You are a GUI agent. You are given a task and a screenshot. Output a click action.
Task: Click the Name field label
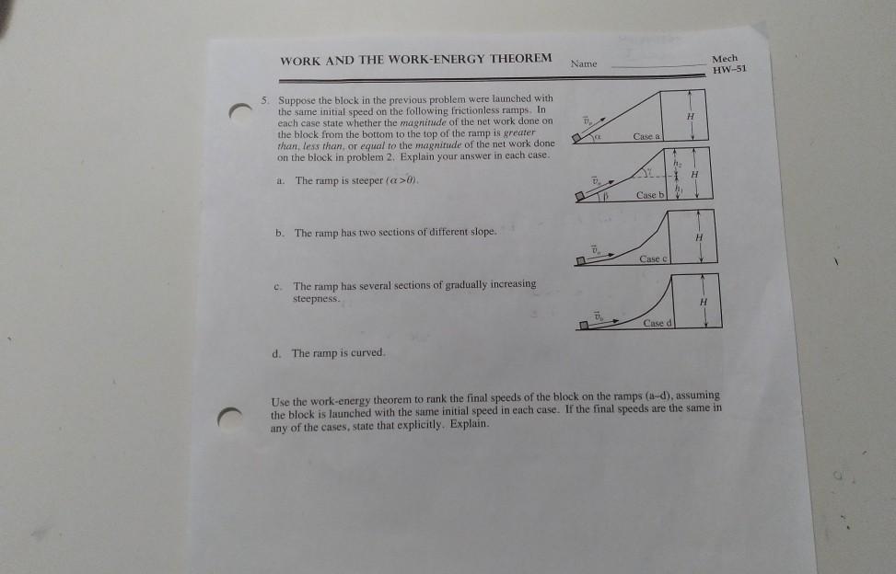[x=584, y=63]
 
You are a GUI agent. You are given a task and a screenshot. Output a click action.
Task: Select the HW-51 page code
[x=729, y=70]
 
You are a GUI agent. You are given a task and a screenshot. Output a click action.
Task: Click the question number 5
[x=264, y=100]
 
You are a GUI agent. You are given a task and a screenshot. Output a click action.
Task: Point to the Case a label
[x=646, y=136]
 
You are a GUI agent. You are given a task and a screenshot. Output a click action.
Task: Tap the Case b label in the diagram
[x=650, y=195]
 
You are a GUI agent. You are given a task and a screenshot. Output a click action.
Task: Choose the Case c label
[x=653, y=259]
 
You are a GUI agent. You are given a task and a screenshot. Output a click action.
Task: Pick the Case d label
[x=657, y=323]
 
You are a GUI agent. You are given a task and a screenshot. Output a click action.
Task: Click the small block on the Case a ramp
[x=577, y=138]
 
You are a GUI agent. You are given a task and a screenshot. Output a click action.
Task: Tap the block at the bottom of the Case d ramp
[x=584, y=326]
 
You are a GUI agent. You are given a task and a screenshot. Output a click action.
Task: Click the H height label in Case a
[x=691, y=117]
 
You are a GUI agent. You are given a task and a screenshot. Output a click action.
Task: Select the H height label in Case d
[x=704, y=302]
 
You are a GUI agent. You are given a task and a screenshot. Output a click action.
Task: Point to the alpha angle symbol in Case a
[x=598, y=137]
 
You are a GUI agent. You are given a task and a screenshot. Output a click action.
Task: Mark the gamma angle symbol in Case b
[x=650, y=171]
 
